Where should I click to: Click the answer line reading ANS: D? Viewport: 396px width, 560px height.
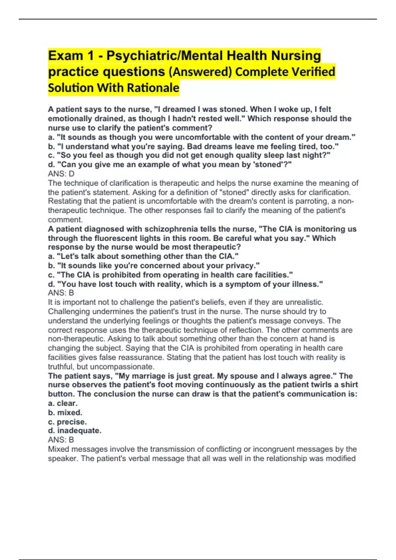[61, 174]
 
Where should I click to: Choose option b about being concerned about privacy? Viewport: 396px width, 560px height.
[154, 266]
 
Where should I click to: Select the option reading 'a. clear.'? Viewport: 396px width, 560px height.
[63, 403]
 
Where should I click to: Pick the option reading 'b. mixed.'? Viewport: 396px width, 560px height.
[65, 412]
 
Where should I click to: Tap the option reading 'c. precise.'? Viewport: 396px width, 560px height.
[67, 422]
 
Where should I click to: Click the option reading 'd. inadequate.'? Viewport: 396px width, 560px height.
[75, 431]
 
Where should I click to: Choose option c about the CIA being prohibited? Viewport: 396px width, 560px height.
[170, 275]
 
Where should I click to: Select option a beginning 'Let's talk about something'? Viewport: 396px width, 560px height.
[143, 256]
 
